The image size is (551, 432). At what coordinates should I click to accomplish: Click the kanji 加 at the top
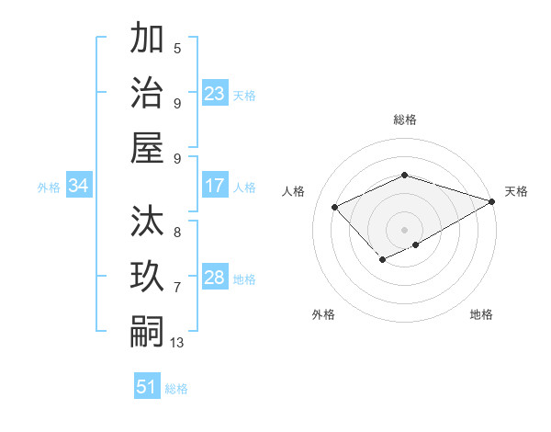(148, 40)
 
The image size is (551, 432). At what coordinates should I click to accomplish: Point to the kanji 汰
(148, 222)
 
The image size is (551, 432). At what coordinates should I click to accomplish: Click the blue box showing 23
(215, 94)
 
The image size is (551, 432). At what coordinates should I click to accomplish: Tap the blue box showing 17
(215, 186)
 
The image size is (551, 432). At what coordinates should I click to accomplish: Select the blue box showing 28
(215, 278)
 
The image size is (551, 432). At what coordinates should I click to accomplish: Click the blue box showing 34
(79, 186)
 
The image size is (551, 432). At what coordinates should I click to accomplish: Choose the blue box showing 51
(147, 387)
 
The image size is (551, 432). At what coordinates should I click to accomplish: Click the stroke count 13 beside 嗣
(177, 343)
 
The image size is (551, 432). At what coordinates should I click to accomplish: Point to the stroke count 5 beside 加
(177, 49)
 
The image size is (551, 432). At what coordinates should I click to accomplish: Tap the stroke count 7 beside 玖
(177, 288)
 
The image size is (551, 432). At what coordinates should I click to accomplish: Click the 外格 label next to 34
(49, 188)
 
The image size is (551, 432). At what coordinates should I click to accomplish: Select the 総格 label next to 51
(176, 389)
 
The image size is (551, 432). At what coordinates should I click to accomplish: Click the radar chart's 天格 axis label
(516, 191)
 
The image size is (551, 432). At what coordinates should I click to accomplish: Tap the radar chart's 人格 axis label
(294, 191)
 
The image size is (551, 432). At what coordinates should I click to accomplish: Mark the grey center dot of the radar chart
(404, 229)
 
